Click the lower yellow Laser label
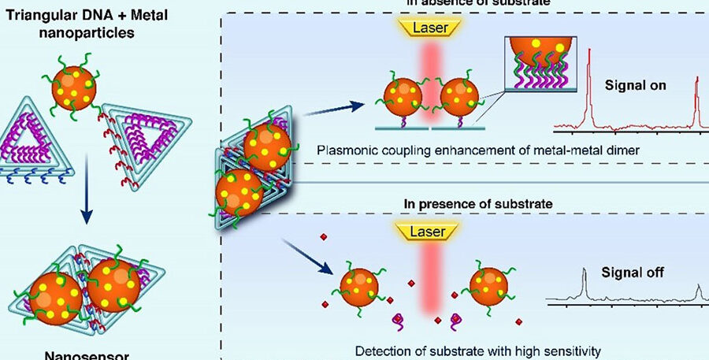pos(432,232)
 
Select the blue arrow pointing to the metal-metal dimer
pos(330,106)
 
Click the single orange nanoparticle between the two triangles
pos(74,89)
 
